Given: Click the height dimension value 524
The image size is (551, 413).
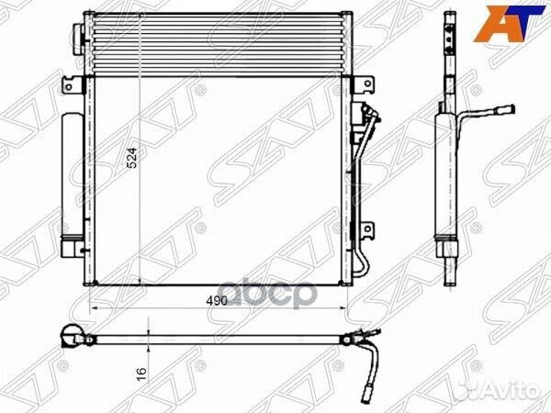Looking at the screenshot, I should click(133, 161).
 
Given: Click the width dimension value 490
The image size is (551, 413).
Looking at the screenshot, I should click(217, 300).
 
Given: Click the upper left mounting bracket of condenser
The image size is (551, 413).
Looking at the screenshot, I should click(70, 85).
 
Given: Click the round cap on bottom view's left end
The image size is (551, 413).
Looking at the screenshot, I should click(70, 337).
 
